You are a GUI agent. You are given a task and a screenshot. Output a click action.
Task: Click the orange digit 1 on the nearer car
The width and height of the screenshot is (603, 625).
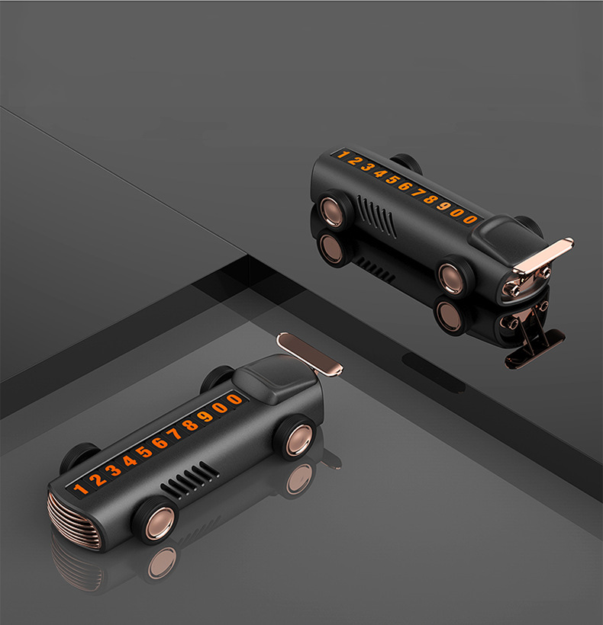pos(80,489)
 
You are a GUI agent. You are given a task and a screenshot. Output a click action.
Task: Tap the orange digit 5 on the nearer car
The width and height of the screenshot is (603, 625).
pos(143,452)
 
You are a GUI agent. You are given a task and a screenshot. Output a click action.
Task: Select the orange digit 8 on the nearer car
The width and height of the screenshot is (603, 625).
pos(190,425)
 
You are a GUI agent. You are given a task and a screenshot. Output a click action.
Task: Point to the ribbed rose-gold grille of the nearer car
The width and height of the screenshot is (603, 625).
pos(74,521)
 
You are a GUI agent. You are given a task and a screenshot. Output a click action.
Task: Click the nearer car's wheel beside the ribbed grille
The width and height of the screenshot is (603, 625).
pos(156,521)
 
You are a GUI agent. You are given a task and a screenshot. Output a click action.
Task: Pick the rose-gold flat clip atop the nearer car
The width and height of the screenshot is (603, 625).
pos(309,354)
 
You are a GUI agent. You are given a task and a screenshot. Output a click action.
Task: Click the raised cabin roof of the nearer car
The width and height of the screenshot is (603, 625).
pos(276,378)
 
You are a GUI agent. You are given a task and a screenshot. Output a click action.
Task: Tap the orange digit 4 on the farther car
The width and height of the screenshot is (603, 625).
pos(379,173)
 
